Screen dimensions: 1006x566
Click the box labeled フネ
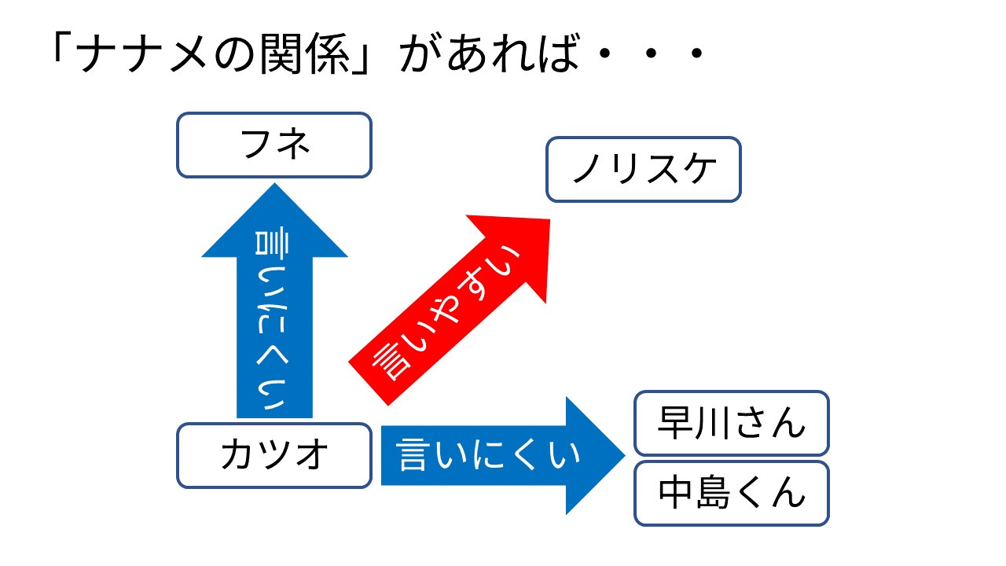point(274,145)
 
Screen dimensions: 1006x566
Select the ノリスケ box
point(644,169)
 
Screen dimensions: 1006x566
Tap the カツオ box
point(274,455)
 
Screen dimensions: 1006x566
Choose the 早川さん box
point(732,423)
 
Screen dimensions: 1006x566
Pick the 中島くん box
point(732,493)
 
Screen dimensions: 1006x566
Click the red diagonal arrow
point(449,310)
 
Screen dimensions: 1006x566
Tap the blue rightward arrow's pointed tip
point(625,455)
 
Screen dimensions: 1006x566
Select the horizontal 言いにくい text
point(488,455)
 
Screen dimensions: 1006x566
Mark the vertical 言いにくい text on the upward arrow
point(272,320)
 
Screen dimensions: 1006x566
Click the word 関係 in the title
point(305,53)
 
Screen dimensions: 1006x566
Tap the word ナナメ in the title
point(142,53)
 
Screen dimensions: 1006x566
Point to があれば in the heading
point(490,53)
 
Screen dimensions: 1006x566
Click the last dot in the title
point(697,53)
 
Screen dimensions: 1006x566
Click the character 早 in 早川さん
point(676,423)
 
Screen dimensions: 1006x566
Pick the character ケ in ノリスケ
point(699,169)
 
